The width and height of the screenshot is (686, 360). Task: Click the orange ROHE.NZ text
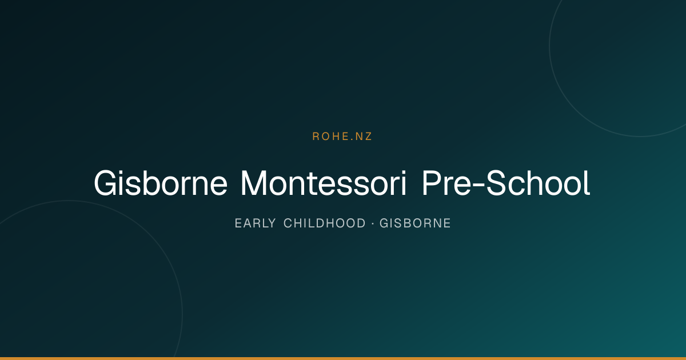342,137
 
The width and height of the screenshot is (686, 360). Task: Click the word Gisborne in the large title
161,183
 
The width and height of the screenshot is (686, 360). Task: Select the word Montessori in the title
324,183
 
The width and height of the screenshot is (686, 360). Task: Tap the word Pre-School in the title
506,183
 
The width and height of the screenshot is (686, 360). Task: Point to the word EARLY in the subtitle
255,223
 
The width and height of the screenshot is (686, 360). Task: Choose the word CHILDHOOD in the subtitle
325,223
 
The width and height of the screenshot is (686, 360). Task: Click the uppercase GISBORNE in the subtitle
415,223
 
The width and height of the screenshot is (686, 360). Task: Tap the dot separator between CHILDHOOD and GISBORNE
373,223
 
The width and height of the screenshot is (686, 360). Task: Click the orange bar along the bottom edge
343,358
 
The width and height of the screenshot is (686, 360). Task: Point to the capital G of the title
106,183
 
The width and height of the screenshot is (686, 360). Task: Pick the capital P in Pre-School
432,183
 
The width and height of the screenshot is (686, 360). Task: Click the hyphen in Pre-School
478,186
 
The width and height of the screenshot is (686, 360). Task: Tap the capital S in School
496,183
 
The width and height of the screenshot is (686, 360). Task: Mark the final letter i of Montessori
404,183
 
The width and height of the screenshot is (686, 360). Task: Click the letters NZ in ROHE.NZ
364,137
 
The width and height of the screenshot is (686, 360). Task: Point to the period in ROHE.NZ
352,140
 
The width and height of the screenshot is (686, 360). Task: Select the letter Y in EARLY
272,223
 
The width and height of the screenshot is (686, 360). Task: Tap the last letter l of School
588,183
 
